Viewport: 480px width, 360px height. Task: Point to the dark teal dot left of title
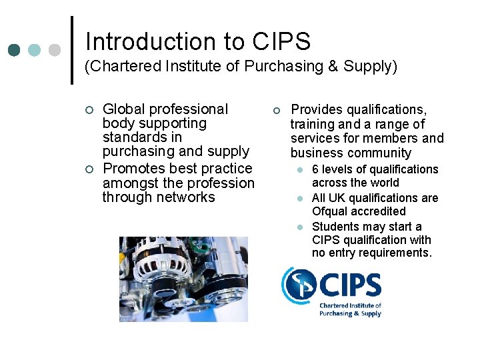coord(14,51)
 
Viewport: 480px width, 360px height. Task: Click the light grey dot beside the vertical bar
coord(55,51)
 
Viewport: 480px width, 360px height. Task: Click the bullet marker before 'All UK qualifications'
coord(301,199)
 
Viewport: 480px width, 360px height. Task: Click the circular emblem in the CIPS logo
coord(298,285)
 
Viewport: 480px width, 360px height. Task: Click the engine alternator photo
coord(183,279)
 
